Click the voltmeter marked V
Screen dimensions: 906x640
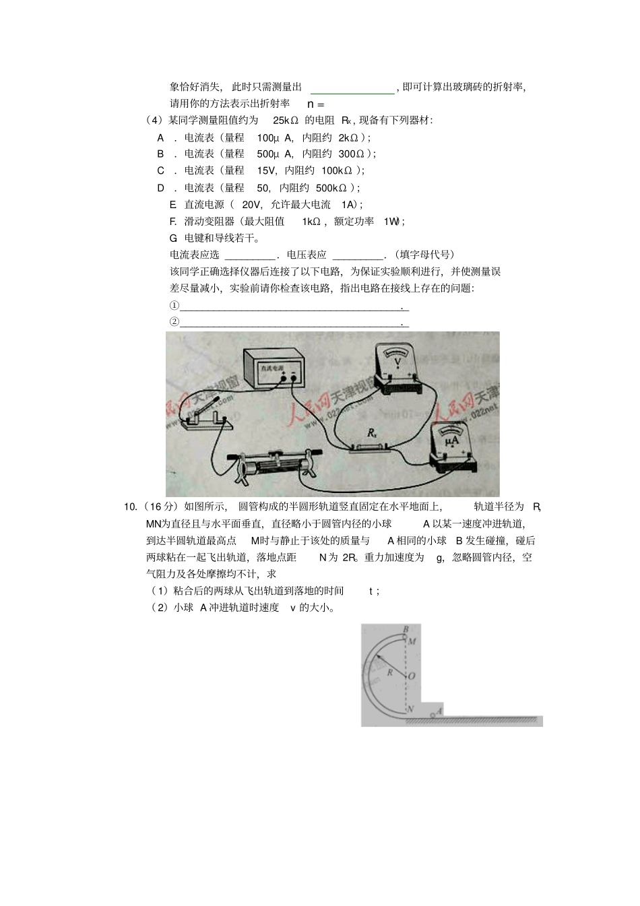(x=397, y=369)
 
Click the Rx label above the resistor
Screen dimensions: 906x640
(x=372, y=435)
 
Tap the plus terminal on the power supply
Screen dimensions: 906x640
(x=294, y=378)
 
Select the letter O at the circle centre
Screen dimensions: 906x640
(x=411, y=675)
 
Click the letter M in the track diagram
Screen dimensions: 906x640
(x=412, y=641)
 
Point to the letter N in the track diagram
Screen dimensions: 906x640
(x=410, y=709)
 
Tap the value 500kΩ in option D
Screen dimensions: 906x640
(x=331, y=188)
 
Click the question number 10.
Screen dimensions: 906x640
(x=131, y=507)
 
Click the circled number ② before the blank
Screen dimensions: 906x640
(x=174, y=322)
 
